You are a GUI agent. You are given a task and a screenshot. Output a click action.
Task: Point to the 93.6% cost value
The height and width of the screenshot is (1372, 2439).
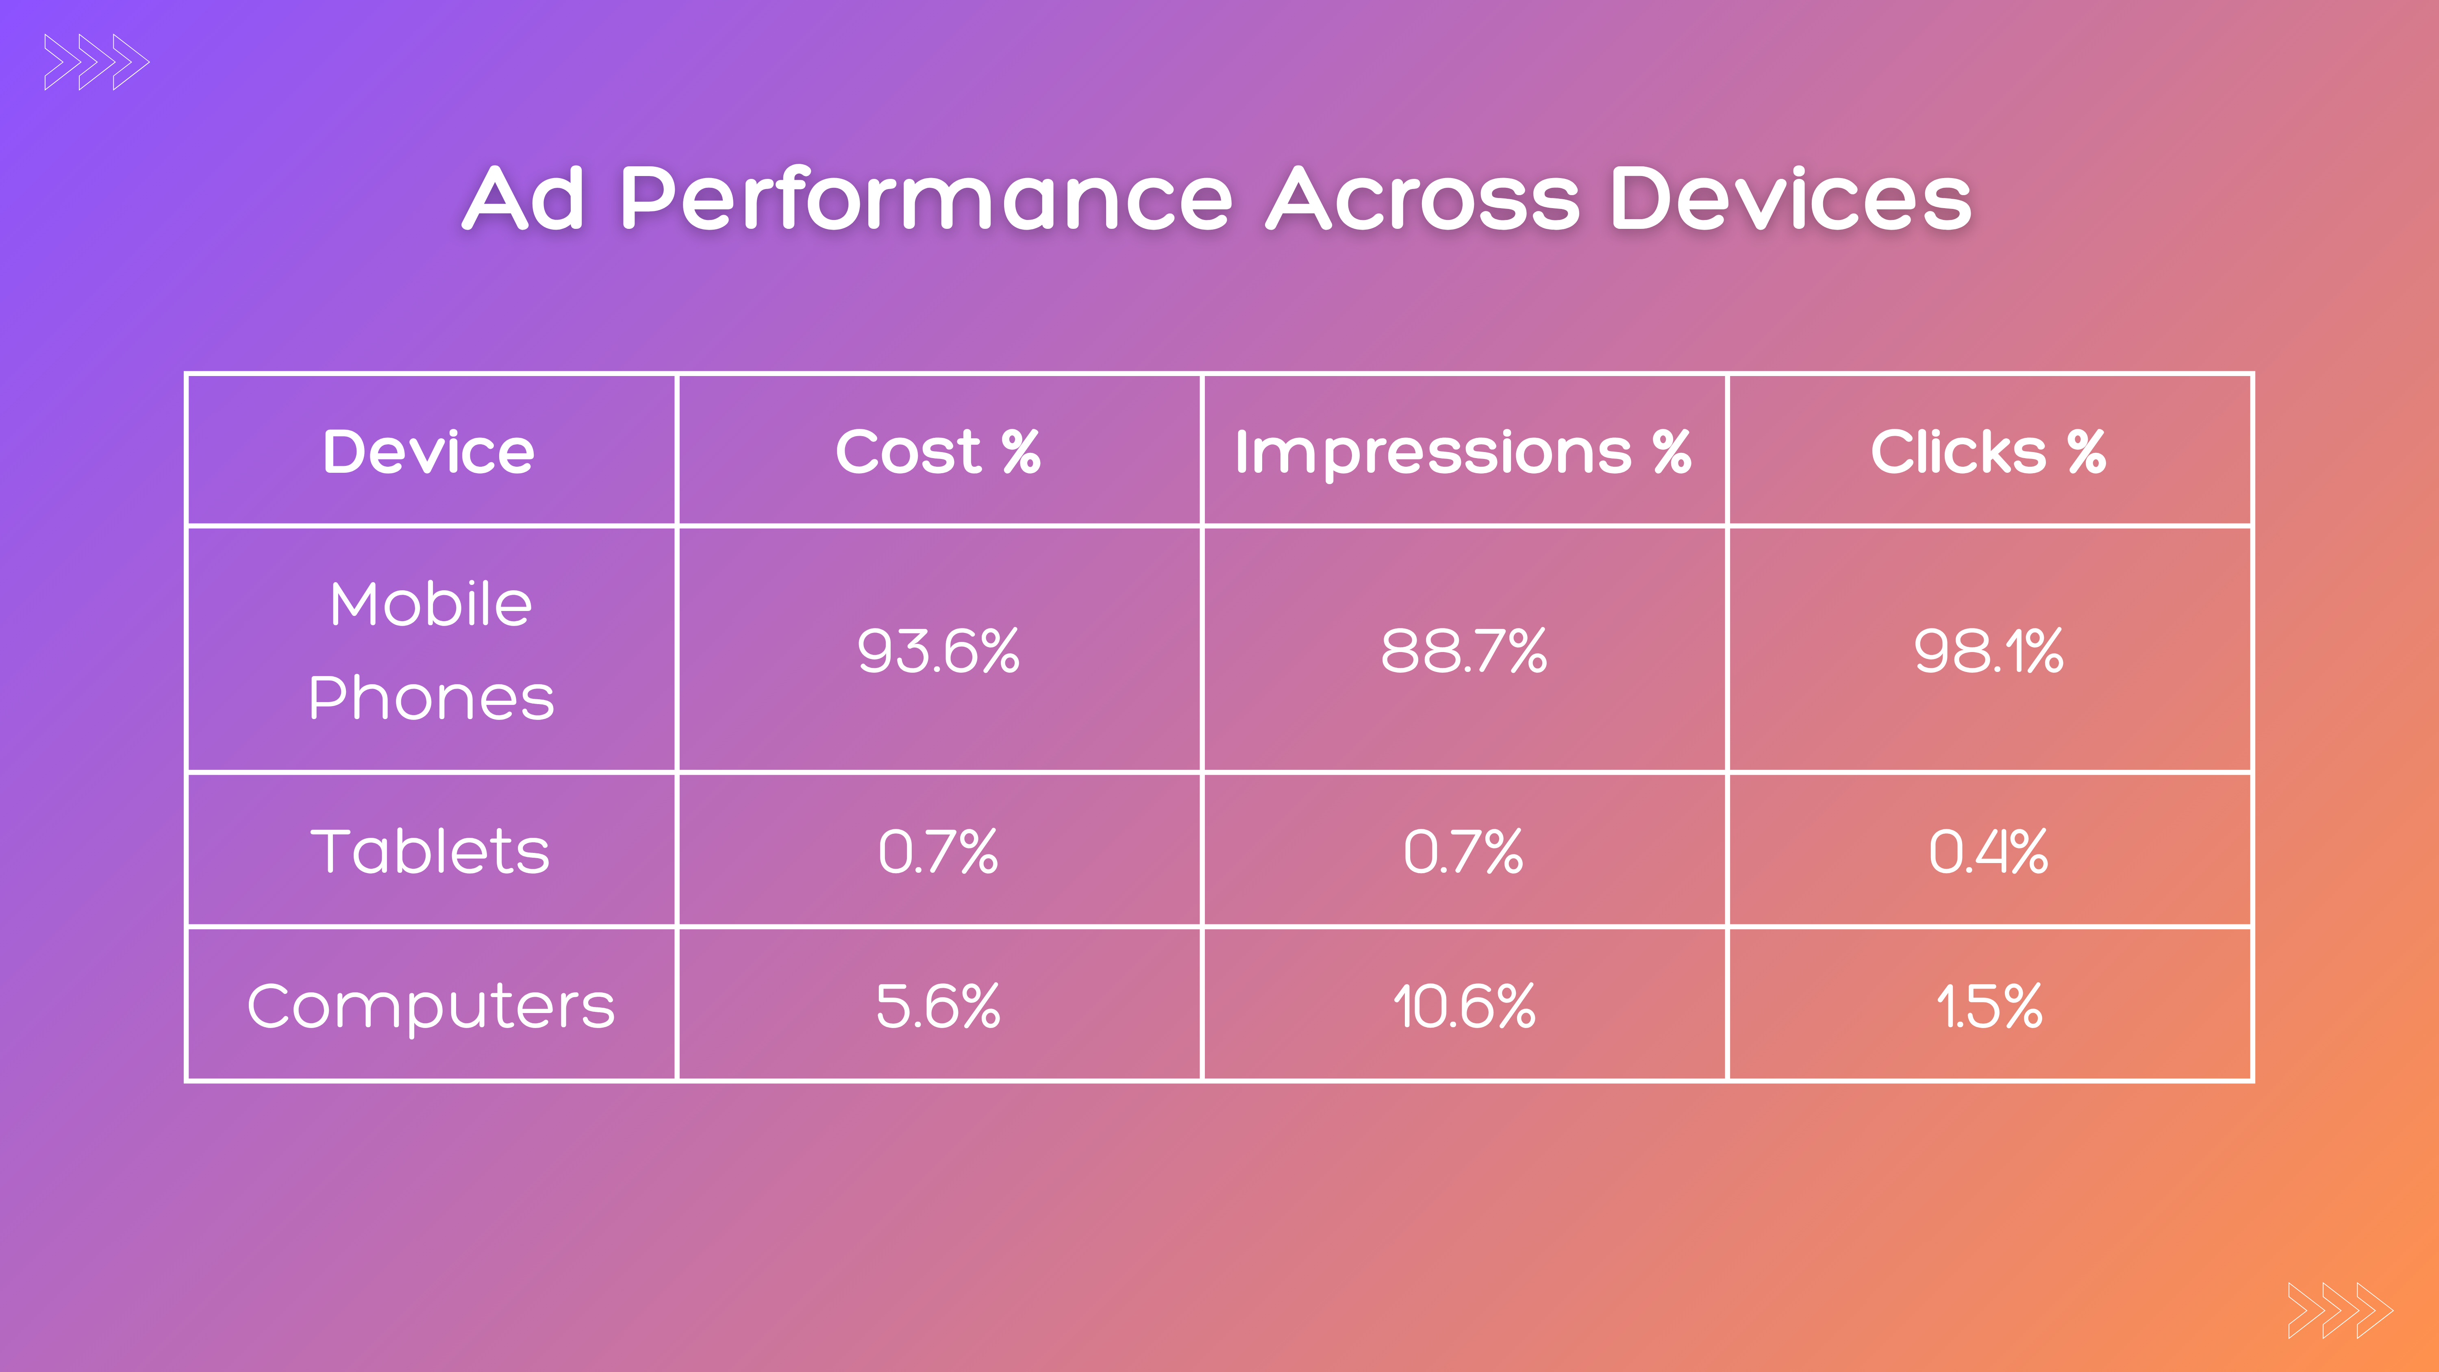[x=937, y=651]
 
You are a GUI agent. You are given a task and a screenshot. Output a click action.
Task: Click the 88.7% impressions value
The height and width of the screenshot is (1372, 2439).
[x=1463, y=651]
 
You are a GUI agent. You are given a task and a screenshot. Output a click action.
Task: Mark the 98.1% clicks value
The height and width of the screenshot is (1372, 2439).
[x=1988, y=651]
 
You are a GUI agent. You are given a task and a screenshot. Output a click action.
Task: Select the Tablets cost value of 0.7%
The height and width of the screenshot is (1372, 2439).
[x=937, y=851]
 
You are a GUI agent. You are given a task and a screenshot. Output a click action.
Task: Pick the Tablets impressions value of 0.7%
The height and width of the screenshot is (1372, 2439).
[x=1463, y=851]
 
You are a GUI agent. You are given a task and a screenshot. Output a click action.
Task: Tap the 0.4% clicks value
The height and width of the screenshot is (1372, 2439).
[x=1988, y=851]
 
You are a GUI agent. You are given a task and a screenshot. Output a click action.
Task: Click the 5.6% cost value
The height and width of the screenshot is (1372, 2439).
[x=937, y=1006]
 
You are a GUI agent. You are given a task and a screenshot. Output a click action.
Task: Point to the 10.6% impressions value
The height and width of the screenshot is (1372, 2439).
[x=1463, y=1006]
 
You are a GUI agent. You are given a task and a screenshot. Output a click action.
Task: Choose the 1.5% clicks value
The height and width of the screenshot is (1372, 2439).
[x=1988, y=1006]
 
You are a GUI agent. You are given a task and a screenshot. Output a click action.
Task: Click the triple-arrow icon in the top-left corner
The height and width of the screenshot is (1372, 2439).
[x=97, y=63]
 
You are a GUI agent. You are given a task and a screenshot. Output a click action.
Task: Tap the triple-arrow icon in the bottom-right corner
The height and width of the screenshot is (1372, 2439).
[x=2339, y=1311]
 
